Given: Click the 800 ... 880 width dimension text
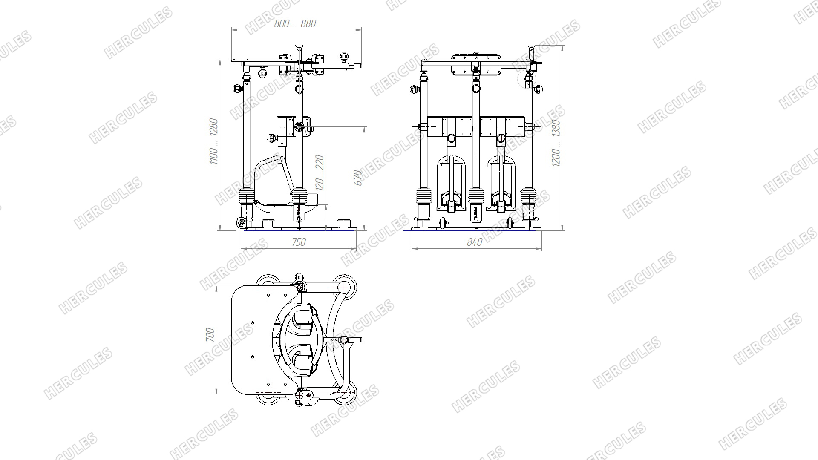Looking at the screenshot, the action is (295, 24).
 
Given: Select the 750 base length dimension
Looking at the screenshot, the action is (299, 242).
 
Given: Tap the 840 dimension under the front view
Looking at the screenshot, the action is (475, 242).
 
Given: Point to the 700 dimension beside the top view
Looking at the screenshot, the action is (210, 335).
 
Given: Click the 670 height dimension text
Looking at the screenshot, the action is (359, 178).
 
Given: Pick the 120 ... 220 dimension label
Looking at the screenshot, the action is (320, 172).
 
